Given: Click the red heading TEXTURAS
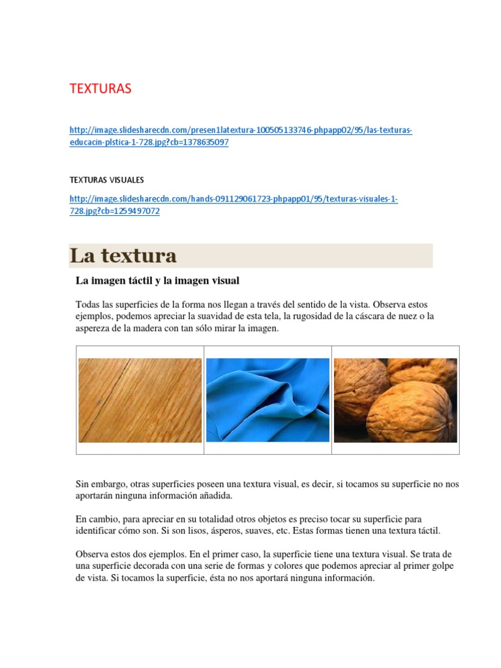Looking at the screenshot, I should (100, 89).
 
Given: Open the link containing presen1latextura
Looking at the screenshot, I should (240, 130).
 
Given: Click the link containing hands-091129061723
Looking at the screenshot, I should (233, 199).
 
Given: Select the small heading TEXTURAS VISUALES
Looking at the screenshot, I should (106, 179).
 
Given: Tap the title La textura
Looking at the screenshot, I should (123, 256).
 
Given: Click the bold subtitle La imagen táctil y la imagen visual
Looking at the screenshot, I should (157, 281).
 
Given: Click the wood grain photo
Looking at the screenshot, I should (140, 400).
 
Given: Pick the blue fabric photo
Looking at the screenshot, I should (267, 400).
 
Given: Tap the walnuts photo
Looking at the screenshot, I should (395, 400).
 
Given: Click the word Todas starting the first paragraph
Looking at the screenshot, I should (88, 305).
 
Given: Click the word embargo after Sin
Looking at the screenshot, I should (108, 484).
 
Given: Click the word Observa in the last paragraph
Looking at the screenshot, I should (93, 554).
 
